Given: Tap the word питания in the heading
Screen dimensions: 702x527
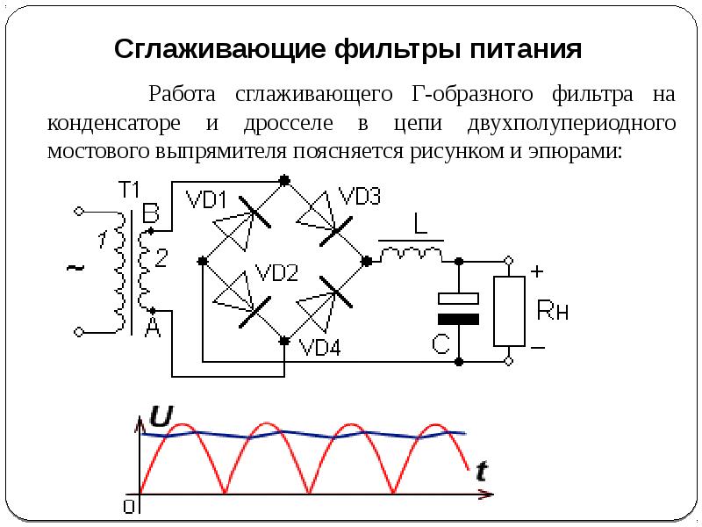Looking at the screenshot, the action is (526, 49).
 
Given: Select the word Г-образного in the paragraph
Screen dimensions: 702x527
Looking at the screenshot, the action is (472, 95).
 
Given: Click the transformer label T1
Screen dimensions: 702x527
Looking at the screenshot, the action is (129, 190).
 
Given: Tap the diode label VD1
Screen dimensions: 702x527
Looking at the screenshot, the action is (206, 199).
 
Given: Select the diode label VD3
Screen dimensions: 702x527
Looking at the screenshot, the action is (360, 196).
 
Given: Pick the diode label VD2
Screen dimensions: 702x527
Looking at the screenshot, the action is (276, 272).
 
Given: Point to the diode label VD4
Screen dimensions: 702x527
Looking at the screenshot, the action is (319, 346).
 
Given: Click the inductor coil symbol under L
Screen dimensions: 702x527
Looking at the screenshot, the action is (411, 254).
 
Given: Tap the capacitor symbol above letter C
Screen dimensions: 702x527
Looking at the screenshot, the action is (458, 308).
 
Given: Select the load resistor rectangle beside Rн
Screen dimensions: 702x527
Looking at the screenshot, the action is (509, 311).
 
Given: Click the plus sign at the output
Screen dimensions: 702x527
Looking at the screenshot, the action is (537, 271).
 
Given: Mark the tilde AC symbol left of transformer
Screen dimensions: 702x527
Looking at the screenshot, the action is (75, 268).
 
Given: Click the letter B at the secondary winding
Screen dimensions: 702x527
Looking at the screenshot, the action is (151, 213).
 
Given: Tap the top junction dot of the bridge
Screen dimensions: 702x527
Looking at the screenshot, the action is (284, 181).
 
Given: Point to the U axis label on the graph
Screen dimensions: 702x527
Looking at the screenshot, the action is (161, 416).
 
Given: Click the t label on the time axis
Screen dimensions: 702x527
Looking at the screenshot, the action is (482, 472).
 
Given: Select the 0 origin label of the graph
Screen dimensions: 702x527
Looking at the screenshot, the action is (129, 507).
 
